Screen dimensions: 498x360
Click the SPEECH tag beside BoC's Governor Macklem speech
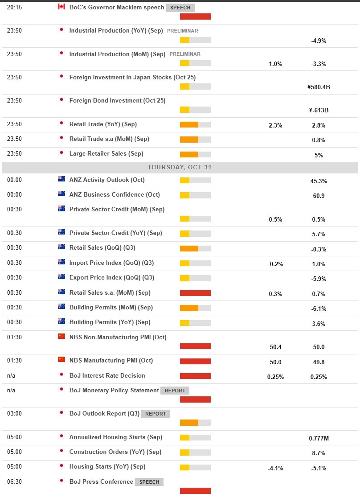point(180,8)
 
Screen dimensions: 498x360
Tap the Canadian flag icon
point(61,7)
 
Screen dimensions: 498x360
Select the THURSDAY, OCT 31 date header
point(180,167)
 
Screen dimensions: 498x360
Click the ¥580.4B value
point(319,87)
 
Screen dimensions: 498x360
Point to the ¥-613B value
point(319,110)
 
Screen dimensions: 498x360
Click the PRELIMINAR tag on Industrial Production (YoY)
point(182,31)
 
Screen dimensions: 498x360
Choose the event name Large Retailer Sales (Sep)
point(106,153)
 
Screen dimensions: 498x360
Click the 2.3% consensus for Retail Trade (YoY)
point(275,125)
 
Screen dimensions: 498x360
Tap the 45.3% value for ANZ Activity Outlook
point(319,181)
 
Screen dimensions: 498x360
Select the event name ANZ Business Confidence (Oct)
point(115,194)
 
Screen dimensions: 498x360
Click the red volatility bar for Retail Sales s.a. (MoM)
point(195,293)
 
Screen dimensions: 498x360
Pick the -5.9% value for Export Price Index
point(319,279)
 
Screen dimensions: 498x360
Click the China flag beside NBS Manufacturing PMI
point(61,360)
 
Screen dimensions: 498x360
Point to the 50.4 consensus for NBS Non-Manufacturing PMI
point(275,347)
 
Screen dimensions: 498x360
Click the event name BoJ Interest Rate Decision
point(107,375)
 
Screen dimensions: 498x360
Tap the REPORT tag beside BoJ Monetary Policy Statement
point(175,391)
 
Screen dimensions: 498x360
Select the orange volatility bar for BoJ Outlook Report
point(189,422)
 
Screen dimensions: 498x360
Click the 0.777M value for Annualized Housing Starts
point(319,438)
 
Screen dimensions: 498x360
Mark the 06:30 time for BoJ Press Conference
point(14,482)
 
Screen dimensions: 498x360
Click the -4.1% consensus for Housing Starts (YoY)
point(275,468)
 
